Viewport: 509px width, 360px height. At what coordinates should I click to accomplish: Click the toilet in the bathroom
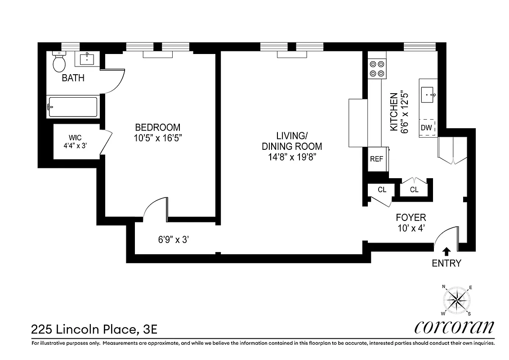tap(59, 63)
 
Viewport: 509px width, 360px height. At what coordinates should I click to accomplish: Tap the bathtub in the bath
tap(73, 107)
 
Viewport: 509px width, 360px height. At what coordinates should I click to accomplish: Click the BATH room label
tap(73, 78)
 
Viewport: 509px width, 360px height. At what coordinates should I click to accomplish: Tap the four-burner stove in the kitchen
tap(377, 68)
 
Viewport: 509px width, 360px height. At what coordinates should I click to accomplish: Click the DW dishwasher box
tap(426, 128)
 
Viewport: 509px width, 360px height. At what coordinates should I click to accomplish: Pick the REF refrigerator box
tap(376, 159)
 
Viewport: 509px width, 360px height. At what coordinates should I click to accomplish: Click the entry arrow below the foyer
tap(446, 252)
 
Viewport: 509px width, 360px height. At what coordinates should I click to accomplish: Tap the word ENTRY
tap(446, 264)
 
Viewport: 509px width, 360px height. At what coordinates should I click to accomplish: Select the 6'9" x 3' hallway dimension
tap(173, 240)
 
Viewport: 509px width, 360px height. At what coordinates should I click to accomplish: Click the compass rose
tap(456, 300)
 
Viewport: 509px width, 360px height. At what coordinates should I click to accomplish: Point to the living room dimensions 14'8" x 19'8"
tap(292, 157)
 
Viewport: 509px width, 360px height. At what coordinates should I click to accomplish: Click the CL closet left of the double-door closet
tap(382, 190)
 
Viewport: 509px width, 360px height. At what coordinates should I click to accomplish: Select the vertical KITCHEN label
tap(393, 112)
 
